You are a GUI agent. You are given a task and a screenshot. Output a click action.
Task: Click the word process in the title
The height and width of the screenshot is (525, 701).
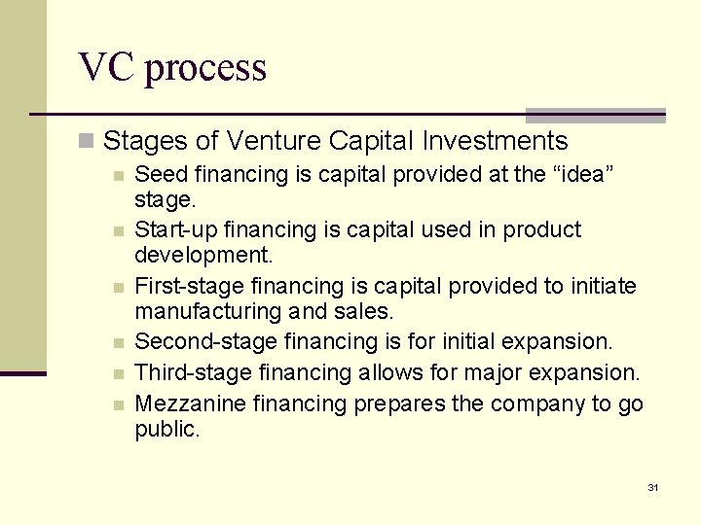(x=205, y=70)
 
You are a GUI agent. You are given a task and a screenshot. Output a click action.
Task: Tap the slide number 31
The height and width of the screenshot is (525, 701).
(x=653, y=487)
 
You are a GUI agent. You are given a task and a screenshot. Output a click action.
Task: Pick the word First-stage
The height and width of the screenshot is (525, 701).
(x=189, y=287)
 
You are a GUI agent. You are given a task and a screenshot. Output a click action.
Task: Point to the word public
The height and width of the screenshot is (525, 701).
(x=166, y=430)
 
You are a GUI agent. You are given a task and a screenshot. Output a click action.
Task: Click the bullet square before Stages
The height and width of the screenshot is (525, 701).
(x=88, y=142)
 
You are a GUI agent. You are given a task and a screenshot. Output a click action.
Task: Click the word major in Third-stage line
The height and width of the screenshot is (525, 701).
(x=493, y=372)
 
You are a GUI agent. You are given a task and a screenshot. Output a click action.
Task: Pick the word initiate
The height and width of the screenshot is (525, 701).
(x=602, y=287)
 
